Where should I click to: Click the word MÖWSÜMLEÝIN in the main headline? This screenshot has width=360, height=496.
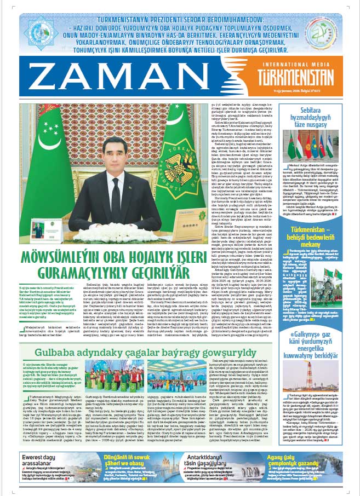[x=71, y=258]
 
